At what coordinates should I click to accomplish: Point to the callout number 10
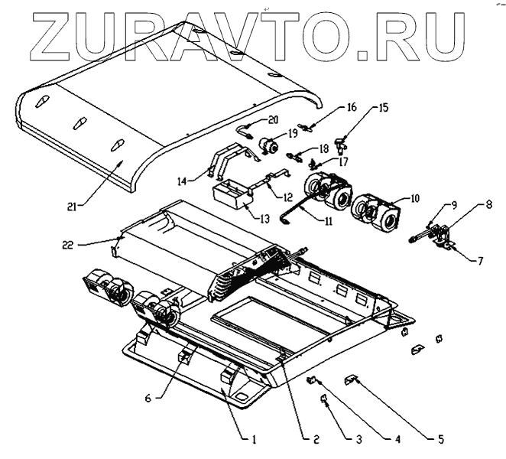coord(414,197)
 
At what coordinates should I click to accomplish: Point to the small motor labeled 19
coord(268,146)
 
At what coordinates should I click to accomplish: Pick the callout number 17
coord(343,161)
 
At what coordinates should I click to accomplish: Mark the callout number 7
coord(480,261)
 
